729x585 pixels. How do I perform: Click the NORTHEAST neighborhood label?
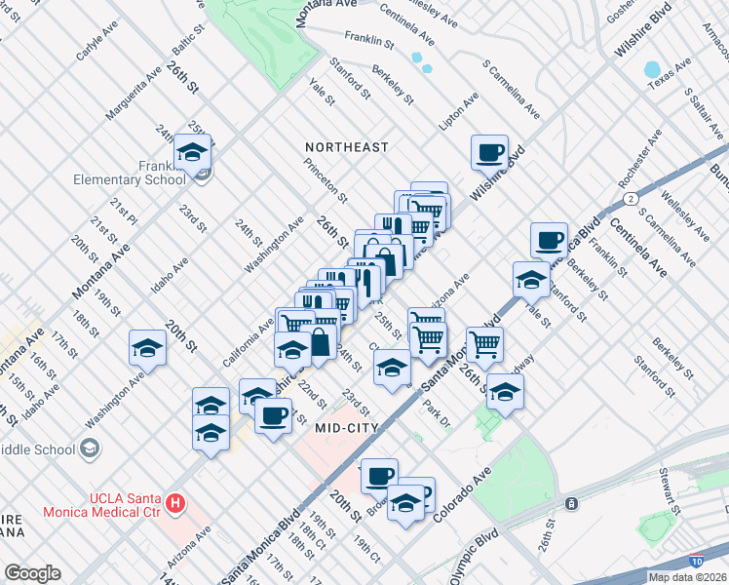346,147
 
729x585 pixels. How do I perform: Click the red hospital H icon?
175,503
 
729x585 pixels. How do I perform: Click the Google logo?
32,573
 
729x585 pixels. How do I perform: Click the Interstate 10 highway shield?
694,561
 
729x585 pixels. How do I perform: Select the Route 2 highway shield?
633,198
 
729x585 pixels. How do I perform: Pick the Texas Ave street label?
671,76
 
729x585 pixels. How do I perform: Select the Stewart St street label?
669,491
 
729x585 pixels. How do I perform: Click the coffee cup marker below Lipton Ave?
489,153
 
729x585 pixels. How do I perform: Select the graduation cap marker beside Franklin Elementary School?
193,154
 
